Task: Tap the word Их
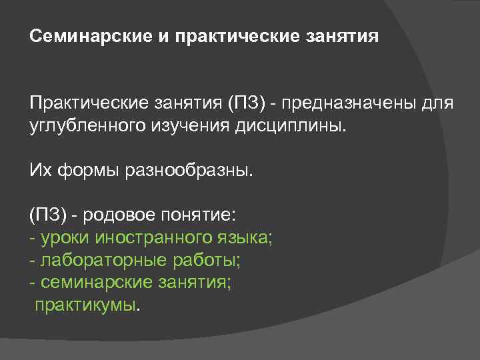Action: point(39,172)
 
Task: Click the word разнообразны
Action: point(189,172)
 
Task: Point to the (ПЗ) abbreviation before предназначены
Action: point(248,104)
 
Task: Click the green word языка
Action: point(247,239)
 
